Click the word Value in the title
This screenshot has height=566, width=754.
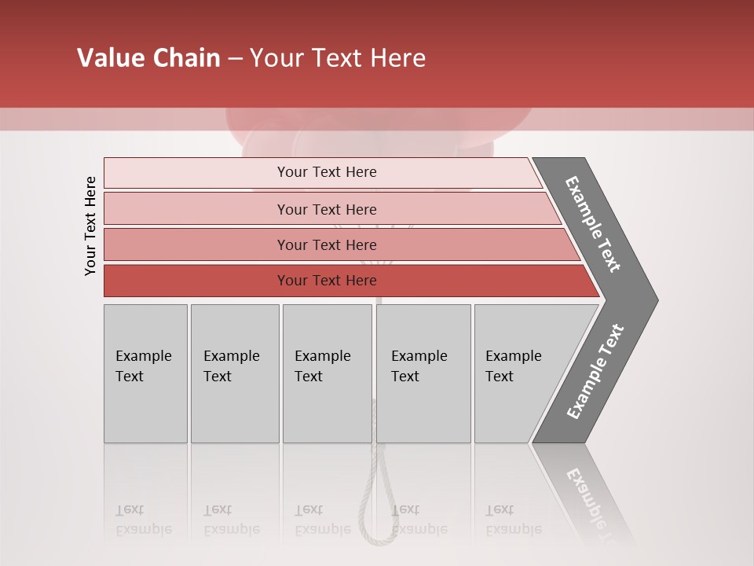coord(110,58)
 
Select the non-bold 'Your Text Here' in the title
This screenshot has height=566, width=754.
coord(338,58)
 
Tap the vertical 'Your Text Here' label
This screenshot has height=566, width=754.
coord(90,226)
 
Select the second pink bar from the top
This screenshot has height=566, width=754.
coord(326,209)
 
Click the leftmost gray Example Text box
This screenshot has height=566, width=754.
coord(145,373)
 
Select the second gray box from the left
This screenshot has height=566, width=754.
coord(234,373)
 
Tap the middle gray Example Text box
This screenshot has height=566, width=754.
coord(327,373)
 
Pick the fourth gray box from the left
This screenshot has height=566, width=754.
coord(423,373)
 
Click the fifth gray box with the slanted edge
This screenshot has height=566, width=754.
coord(518,373)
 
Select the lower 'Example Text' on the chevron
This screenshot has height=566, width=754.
coord(595,372)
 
